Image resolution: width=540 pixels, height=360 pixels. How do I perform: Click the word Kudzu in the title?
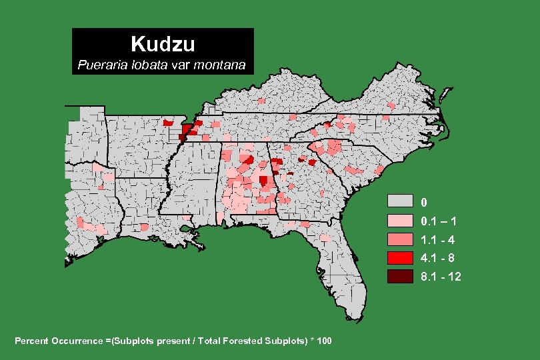(163, 44)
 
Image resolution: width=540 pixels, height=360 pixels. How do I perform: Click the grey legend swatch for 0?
(400, 201)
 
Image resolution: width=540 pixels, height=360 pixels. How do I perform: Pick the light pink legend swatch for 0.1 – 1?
(400, 220)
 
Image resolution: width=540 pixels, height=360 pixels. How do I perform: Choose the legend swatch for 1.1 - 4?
(400, 239)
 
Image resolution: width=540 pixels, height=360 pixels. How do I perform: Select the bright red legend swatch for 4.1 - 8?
(400, 257)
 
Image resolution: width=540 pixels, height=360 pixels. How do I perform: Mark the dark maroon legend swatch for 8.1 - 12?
(400, 276)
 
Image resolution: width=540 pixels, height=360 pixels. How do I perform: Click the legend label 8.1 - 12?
(441, 277)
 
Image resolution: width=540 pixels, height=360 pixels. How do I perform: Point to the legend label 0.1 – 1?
(438, 221)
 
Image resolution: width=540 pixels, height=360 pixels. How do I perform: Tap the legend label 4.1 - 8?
(438, 258)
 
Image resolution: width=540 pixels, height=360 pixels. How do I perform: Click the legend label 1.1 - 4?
(438, 239)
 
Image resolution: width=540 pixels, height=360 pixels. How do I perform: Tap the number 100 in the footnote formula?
(324, 341)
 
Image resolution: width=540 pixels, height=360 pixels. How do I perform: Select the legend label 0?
(424, 202)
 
